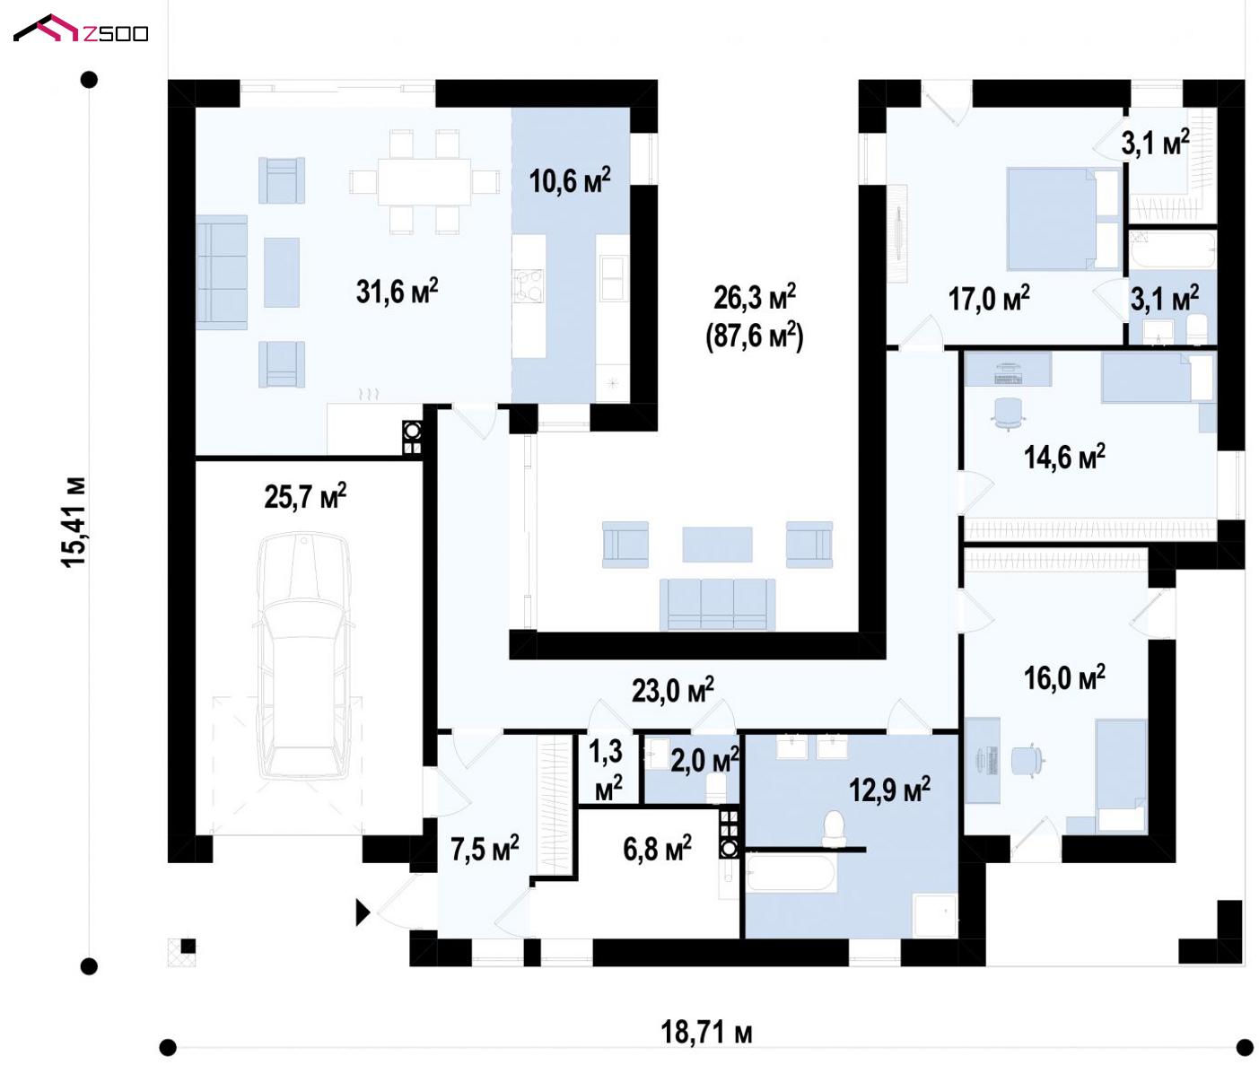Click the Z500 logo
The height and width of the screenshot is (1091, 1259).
(x=81, y=29)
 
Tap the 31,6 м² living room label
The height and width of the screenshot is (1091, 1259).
(x=398, y=292)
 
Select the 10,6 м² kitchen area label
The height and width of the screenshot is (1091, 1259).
(x=570, y=180)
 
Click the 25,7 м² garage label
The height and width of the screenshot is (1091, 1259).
(x=305, y=496)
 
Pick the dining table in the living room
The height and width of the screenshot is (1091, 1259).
(x=424, y=181)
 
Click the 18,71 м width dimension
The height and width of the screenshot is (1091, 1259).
(x=706, y=1033)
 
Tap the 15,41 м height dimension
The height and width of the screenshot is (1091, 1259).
(x=74, y=522)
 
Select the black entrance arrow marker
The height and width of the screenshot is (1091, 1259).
(x=363, y=913)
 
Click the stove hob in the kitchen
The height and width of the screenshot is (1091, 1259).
(x=528, y=286)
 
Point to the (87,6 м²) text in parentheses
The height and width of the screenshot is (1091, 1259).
(x=754, y=336)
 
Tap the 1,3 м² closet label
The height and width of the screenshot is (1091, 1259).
(x=606, y=770)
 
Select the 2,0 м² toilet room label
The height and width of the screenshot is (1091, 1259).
(x=704, y=760)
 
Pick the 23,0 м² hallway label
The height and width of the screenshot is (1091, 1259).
(x=672, y=690)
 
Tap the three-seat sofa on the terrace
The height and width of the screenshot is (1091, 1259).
(x=718, y=604)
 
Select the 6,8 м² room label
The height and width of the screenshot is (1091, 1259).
(x=657, y=848)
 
